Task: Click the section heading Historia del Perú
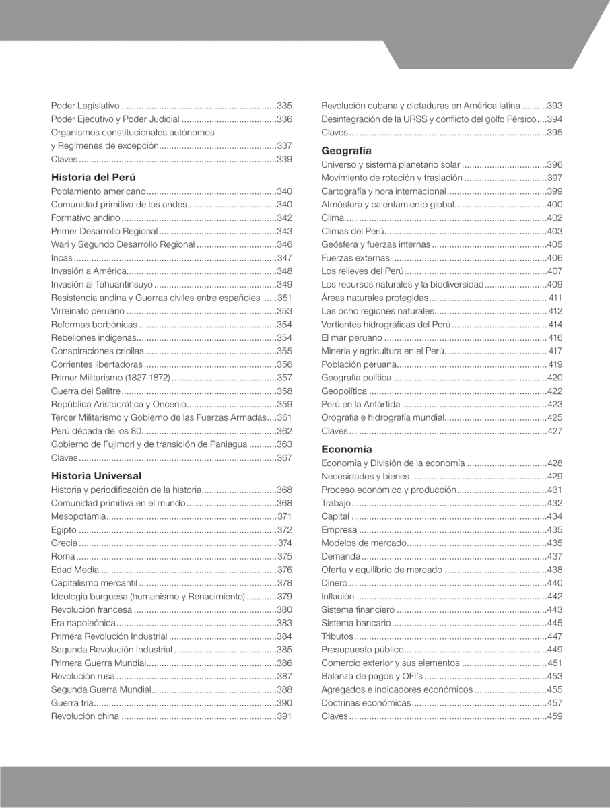click(94, 178)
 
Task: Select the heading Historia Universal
click(96, 475)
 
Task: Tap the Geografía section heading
click(346, 151)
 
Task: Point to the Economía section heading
click(347, 449)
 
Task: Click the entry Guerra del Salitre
click(86, 391)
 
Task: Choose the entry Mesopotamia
click(79, 516)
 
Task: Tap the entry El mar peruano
click(350, 337)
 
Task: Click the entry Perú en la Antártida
click(361, 404)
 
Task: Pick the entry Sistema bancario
click(356, 622)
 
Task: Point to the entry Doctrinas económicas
click(366, 702)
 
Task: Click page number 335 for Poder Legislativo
click(284, 106)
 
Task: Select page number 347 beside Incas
click(284, 258)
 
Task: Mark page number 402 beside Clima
click(555, 218)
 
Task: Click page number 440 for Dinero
click(555, 582)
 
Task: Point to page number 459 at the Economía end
click(555, 716)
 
